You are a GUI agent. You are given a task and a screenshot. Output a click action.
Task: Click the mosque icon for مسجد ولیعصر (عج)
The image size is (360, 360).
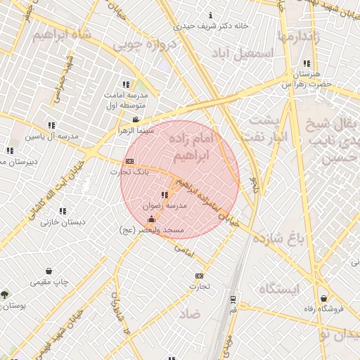click(152, 219)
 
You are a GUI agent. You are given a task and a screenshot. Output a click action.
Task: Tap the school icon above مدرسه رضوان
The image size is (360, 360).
click(165, 195)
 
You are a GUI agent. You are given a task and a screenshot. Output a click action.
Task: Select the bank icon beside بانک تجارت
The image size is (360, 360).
click(129, 161)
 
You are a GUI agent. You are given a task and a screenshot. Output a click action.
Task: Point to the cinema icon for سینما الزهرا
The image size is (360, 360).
click(136, 120)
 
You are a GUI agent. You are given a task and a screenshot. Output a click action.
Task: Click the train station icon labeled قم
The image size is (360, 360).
click(233, 298)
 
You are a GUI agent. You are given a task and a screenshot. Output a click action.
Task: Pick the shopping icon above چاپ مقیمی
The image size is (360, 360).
click(49, 271)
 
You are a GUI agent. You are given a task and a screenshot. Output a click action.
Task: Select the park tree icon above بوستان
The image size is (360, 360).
click(6, 295)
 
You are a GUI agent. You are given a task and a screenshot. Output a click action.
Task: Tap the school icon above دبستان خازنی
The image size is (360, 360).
click(63, 210)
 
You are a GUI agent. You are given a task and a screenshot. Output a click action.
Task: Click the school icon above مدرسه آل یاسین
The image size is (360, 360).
click(51, 125)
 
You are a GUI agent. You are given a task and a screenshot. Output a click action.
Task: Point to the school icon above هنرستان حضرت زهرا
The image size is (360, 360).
click(306, 63)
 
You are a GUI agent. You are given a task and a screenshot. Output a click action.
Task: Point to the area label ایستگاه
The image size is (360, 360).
click(278, 289)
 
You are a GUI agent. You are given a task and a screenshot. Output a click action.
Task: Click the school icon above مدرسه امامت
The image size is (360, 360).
click(126, 84)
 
